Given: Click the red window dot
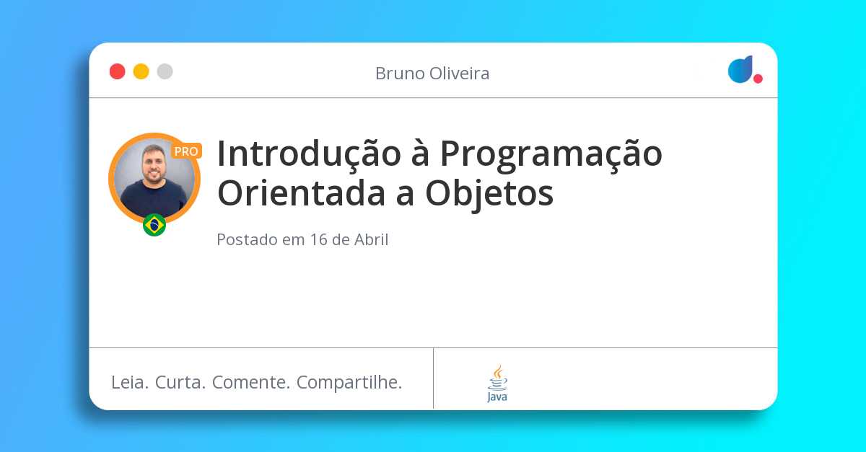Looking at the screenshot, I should coord(117,71).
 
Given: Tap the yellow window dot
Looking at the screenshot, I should coord(141,71).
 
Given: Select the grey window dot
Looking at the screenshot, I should coord(165,71).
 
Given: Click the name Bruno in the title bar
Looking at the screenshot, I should coord(397,74).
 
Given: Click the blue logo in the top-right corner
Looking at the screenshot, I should coord(740,69).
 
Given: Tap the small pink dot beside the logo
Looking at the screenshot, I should coord(758,79).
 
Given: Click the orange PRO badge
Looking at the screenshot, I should coord(186,151).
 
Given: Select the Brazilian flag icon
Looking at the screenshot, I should coord(154,225).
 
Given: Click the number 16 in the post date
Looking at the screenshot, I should coord(319,240).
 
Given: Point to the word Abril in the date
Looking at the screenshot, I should coord(371,240).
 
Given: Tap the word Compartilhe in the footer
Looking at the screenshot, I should coord(349,382).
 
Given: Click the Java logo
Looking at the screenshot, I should coord(497,383).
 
